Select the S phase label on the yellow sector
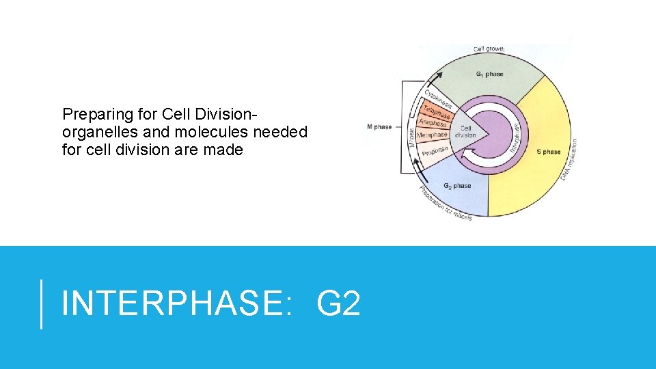[x=548, y=152]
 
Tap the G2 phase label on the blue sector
[x=457, y=186]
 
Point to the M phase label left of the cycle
[x=379, y=127]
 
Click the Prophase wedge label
[x=435, y=150]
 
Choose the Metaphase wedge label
[x=432, y=135]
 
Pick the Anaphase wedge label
[x=433, y=123]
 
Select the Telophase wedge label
[x=436, y=111]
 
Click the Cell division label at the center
[x=465, y=131]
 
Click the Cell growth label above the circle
[x=489, y=49]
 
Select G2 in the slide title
[x=338, y=303]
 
